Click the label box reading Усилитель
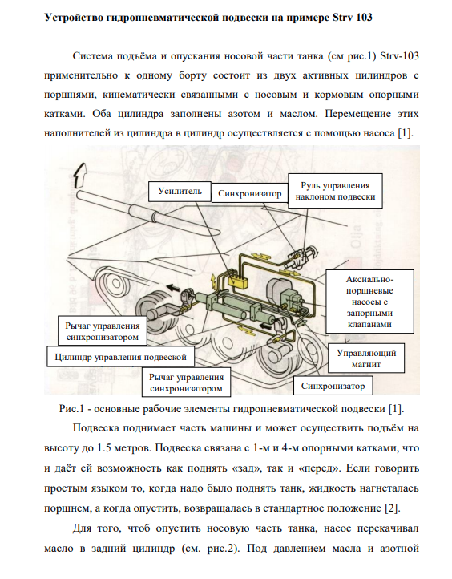point(180,192)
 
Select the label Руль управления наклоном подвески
point(335,191)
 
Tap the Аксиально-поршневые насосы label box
point(369,302)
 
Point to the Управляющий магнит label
point(366,358)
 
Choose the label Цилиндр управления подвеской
point(121,357)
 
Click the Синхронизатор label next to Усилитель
point(250,193)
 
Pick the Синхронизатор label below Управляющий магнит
point(333,386)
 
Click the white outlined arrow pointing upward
point(79,175)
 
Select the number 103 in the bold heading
point(364,18)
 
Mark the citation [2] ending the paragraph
point(392,508)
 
